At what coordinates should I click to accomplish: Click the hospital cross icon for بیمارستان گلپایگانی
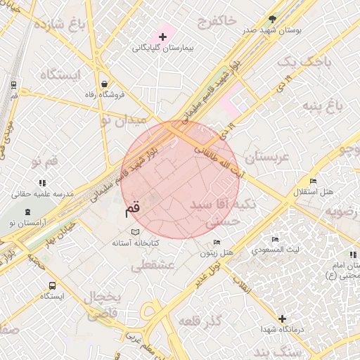[x=163, y=35]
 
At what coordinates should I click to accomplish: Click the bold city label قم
[x=132, y=208]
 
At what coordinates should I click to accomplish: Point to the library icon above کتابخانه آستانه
[x=136, y=231]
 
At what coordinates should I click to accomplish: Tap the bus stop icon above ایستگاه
[x=52, y=285]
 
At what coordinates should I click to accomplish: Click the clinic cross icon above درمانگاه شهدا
[x=282, y=319]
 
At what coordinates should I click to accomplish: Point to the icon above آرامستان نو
[x=27, y=212]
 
